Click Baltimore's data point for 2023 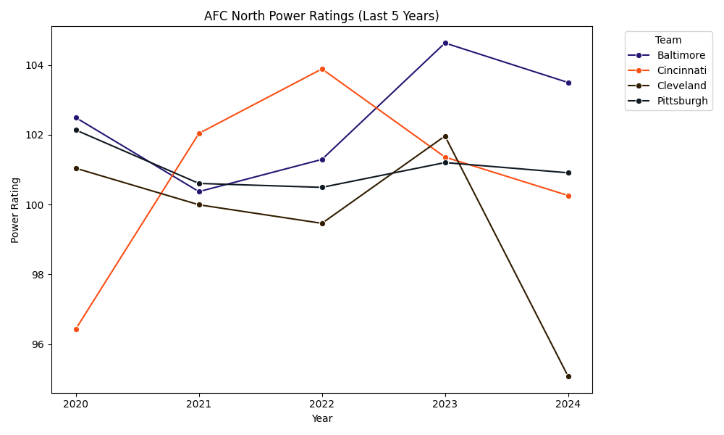click(445, 43)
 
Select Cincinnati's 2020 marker click(76, 329)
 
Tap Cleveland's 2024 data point click(568, 376)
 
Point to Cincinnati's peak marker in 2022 click(322, 69)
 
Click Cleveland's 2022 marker click(322, 223)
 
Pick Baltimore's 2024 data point click(568, 83)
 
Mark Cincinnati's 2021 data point click(199, 133)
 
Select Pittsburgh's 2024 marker click(568, 173)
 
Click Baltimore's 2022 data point click(322, 159)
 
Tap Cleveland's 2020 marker click(76, 168)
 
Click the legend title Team click(668, 41)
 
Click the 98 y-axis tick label click(38, 275)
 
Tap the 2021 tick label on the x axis click(199, 404)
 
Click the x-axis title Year click(321, 418)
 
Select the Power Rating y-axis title click(15, 210)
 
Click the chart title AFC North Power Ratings click(321, 16)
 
